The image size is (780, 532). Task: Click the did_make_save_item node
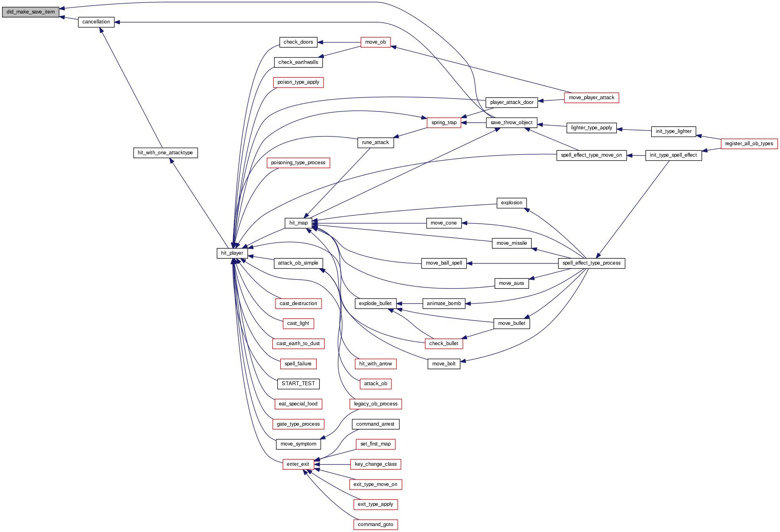pos(31,12)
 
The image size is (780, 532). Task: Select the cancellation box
pos(96,22)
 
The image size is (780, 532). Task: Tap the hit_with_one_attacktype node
pos(165,153)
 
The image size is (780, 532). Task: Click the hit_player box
pos(232,253)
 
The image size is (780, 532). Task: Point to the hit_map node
pos(299,223)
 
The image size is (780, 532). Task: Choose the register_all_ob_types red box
pos(749,144)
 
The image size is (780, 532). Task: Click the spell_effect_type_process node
pos(591,263)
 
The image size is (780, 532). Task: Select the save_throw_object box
pos(512,123)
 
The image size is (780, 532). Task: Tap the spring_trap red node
pos(444,123)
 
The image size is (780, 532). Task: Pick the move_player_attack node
pos(591,98)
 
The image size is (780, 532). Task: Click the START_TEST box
pos(298,384)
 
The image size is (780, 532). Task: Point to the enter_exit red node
pos(298,464)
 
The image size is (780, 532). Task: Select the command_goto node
pos(376,524)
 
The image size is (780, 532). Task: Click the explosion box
pos(512,203)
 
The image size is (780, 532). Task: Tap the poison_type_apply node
pos(298,82)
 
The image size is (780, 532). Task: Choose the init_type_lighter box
pos(674,131)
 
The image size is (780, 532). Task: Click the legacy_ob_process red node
pos(376,404)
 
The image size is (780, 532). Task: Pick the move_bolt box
pos(444,364)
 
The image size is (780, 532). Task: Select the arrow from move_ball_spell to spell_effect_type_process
pos(512,263)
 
